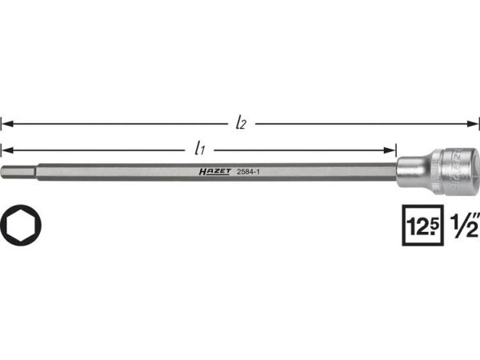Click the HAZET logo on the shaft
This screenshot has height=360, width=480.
(215, 171)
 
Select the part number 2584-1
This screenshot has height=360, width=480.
(248, 172)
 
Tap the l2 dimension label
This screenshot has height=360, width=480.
(241, 123)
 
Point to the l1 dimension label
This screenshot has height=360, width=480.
(199, 148)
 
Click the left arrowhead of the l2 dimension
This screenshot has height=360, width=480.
(7, 124)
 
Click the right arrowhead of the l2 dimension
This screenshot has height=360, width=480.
(472, 124)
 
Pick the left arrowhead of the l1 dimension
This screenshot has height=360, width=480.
(7, 150)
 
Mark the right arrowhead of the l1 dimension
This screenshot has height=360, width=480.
(390, 150)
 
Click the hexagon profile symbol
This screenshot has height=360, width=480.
(20, 225)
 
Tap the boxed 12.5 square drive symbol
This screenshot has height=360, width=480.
(422, 226)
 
